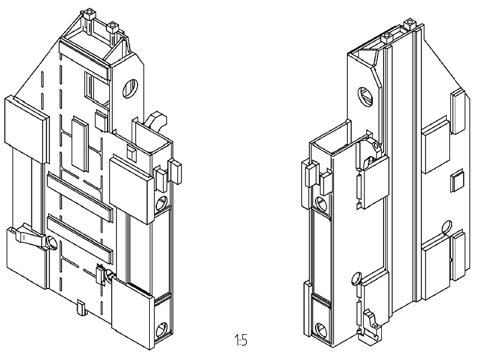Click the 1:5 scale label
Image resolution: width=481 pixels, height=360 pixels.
[241, 340]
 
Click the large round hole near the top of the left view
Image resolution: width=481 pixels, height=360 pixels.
[130, 88]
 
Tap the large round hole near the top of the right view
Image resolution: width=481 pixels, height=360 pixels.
[366, 97]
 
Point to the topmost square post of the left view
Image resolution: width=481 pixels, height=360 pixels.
[88, 13]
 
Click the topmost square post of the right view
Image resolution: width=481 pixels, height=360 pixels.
[409, 23]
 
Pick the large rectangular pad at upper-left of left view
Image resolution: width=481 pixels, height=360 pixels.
[26, 130]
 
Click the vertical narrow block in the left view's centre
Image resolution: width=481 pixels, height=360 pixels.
[80, 144]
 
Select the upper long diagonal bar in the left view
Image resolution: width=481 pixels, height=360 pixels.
[80, 198]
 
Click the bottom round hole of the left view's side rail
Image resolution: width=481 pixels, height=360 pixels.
[162, 331]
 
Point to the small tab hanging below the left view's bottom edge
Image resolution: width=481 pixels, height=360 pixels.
[81, 308]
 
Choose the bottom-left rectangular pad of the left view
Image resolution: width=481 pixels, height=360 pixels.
[26, 258]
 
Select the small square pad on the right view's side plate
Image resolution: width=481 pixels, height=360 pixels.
[457, 182]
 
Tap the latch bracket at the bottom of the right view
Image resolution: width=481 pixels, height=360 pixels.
[370, 325]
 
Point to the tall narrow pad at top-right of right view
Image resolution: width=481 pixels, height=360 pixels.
[458, 112]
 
